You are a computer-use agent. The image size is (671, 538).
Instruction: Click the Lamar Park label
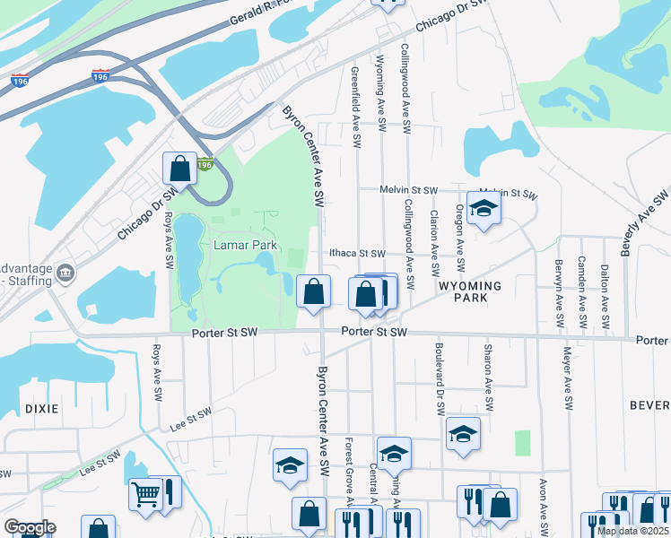click(245, 245)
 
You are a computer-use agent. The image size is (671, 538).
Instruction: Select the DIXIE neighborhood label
click(36, 408)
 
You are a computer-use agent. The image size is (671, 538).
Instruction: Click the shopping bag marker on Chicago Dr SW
click(179, 169)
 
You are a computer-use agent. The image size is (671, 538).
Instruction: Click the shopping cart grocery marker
click(145, 493)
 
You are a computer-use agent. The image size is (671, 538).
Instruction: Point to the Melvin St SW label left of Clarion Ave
click(407, 191)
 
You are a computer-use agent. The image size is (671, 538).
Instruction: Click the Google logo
click(30, 527)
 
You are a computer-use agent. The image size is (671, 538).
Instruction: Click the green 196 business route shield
click(205, 165)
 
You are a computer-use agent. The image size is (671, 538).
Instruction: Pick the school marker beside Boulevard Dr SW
click(464, 434)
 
